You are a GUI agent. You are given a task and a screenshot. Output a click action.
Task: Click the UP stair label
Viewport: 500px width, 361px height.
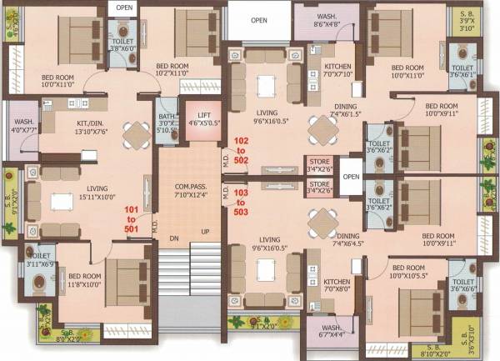coord(202,231)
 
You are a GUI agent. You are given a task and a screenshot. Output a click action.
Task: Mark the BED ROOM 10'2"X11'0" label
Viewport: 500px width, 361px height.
coord(180,70)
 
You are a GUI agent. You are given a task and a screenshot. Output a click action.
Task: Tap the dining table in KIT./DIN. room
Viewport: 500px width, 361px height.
coord(133,134)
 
